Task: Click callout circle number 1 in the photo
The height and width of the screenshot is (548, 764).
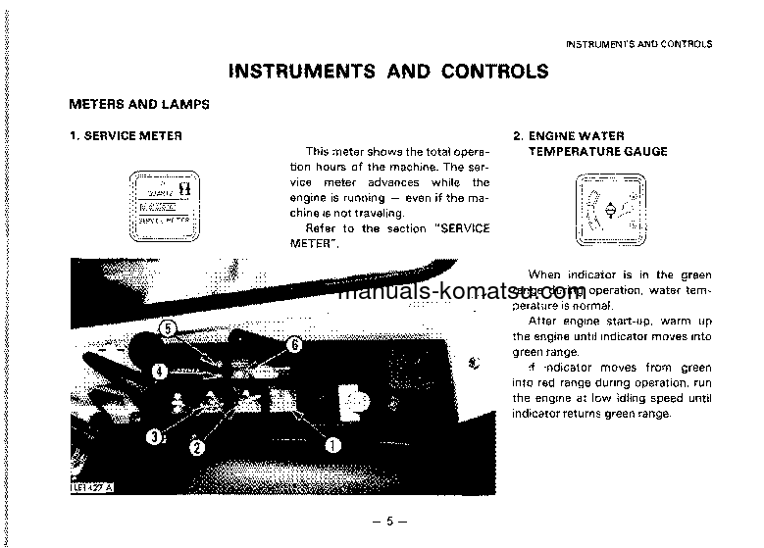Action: pyautogui.click(x=332, y=444)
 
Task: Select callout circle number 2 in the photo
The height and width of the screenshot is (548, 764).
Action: pyautogui.click(x=197, y=448)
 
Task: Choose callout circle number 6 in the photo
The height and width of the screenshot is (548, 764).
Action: pyautogui.click(x=294, y=344)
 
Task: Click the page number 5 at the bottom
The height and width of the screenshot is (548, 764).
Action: pyautogui.click(x=388, y=521)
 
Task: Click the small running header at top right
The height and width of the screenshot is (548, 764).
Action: pyautogui.click(x=639, y=44)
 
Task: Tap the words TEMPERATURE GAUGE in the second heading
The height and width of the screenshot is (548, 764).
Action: pyautogui.click(x=598, y=151)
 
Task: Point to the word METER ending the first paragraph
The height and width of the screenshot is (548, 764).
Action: pyautogui.click(x=314, y=243)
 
